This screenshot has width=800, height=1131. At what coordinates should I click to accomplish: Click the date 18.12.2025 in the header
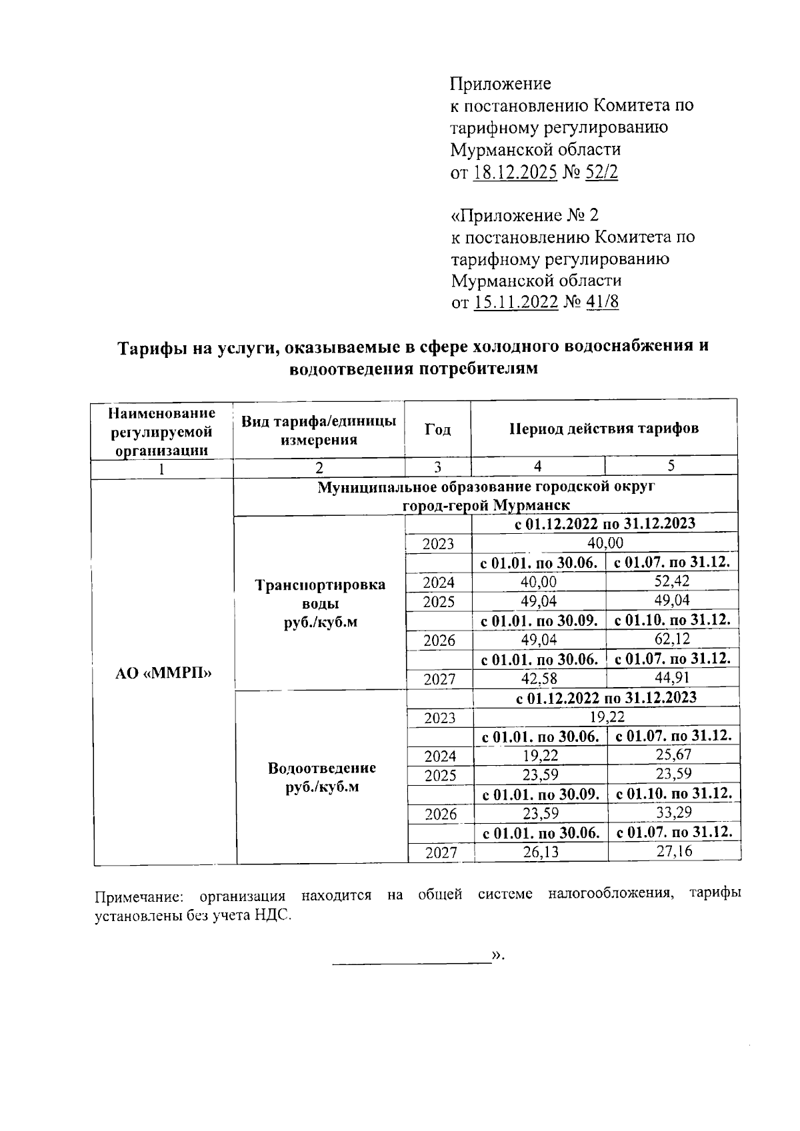click(515, 173)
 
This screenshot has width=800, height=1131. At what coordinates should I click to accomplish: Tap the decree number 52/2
click(601, 173)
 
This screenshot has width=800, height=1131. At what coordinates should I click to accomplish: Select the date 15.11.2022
click(515, 302)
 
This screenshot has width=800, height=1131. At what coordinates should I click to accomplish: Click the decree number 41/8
click(602, 302)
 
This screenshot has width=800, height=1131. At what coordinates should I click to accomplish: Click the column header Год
click(437, 429)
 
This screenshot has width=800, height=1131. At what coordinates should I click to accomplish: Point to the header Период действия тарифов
click(604, 429)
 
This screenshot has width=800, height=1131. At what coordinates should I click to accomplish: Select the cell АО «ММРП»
click(163, 672)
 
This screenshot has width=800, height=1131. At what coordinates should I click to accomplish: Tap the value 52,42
click(672, 581)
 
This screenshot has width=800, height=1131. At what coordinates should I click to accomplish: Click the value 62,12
click(672, 639)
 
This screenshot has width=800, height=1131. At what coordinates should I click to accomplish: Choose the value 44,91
click(672, 678)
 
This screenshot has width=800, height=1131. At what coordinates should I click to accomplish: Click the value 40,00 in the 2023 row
click(605, 543)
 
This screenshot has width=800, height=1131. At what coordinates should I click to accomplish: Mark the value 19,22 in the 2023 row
click(607, 716)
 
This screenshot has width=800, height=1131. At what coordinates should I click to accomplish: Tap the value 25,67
click(673, 754)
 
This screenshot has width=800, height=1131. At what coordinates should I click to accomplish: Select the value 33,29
click(673, 812)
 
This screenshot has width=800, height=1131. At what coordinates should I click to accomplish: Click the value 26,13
click(541, 852)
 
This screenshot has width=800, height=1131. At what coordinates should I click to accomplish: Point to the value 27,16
click(673, 851)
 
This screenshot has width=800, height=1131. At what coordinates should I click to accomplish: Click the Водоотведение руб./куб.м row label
click(321, 777)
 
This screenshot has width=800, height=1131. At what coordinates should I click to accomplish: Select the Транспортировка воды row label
click(320, 603)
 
